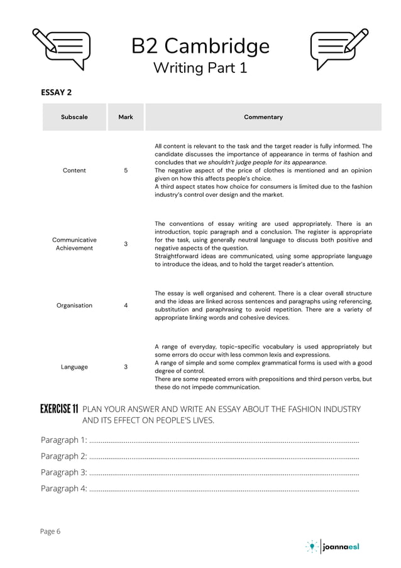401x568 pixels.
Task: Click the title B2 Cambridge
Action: (x=200, y=47)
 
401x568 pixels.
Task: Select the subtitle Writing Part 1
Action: (x=200, y=68)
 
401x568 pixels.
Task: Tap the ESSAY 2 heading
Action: (x=57, y=92)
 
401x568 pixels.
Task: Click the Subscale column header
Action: (x=74, y=117)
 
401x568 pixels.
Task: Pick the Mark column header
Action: (x=126, y=117)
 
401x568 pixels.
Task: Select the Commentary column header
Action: (x=263, y=117)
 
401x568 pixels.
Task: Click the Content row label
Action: (x=74, y=170)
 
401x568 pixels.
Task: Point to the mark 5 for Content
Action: (x=126, y=170)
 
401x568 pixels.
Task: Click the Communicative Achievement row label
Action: (x=74, y=244)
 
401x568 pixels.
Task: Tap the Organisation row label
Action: (x=74, y=306)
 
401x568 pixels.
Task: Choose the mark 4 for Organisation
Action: (x=126, y=306)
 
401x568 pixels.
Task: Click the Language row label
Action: (x=74, y=367)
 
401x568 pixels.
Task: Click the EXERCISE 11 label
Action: (x=59, y=409)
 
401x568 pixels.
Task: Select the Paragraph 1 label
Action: (x=63, y=440)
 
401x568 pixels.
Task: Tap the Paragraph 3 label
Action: (x=63, y=472)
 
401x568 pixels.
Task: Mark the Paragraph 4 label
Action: (x=63, y=489)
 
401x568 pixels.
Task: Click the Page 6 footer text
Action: (x=50, y=532)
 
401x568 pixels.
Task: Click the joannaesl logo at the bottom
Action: (x=333, y=547)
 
